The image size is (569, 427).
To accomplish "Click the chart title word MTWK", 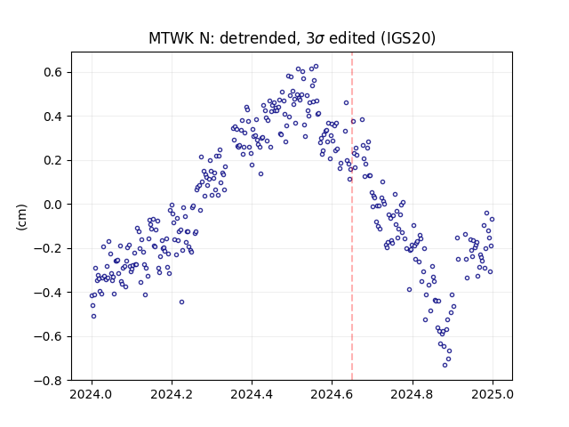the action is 172,38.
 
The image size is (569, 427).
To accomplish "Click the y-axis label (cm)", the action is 21,217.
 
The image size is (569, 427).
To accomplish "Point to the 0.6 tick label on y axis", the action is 53,72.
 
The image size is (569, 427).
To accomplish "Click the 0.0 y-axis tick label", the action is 53,205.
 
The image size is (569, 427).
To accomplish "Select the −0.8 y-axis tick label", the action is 49,381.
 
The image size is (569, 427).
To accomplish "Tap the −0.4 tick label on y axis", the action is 49,293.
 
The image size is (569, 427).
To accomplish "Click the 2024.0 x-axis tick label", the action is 92,394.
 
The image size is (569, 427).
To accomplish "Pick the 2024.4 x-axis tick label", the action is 252,394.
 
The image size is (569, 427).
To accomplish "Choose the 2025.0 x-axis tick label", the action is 493,394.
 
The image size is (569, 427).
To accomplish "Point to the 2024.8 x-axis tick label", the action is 413,394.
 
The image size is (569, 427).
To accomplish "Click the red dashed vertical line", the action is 352,216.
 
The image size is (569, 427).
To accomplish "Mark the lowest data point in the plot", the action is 445,365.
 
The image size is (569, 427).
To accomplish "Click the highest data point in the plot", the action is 317,67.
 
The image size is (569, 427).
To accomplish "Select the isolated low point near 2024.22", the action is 181,302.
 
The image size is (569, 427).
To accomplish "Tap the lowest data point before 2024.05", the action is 93,317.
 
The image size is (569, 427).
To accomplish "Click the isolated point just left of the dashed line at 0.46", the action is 346,103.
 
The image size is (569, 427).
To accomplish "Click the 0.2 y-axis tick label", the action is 53,160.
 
